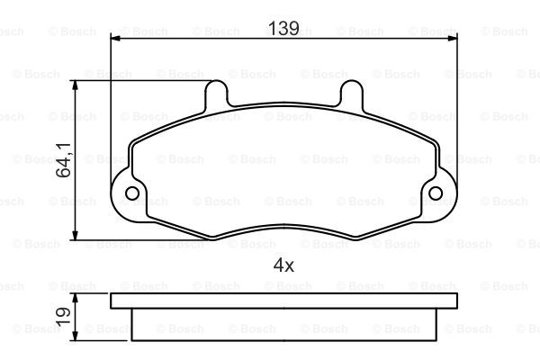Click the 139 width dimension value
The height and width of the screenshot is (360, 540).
pyautogui.click(x=283, y=28)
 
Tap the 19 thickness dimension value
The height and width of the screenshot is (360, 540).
pyautogui.click(x=63, y=317)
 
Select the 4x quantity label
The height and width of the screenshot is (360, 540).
pyautogui.click(x=283, y=265)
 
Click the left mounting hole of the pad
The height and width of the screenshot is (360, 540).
pyautogui.click(x=132, y=193)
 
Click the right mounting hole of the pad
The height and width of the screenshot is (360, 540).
pyautogui.click(x=436, y=193)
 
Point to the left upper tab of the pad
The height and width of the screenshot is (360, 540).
pyautogui.click(x=216, y=93)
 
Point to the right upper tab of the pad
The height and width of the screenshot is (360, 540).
pyautogui.click(x=351, y=93)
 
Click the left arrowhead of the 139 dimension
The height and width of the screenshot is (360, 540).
pyautogui.click(x=115, y=38)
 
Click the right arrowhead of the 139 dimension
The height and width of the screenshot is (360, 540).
pyautogui.click(x=453, y=38)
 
